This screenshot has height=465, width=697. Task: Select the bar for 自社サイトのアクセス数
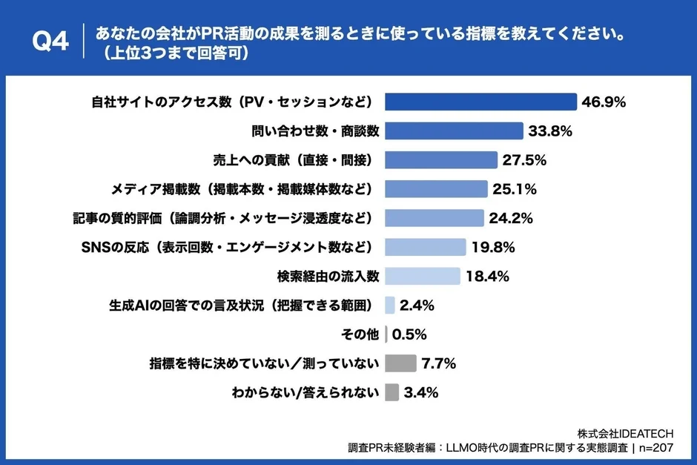tap(481, 102)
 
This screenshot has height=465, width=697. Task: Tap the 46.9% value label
tap(604, 102)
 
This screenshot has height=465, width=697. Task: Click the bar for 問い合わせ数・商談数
tap(455, 131)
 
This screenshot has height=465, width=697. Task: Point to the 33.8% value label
tap(550, 131)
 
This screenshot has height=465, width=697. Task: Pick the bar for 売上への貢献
tap(441, 160)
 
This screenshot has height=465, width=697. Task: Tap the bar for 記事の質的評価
tap(435, 218)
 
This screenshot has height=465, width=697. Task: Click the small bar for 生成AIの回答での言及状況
tap(390, 305)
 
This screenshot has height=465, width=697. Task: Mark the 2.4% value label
tap(417, 305)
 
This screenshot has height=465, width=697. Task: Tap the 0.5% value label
tap(409, 334)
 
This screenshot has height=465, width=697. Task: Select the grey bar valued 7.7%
tap(401, 363)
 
